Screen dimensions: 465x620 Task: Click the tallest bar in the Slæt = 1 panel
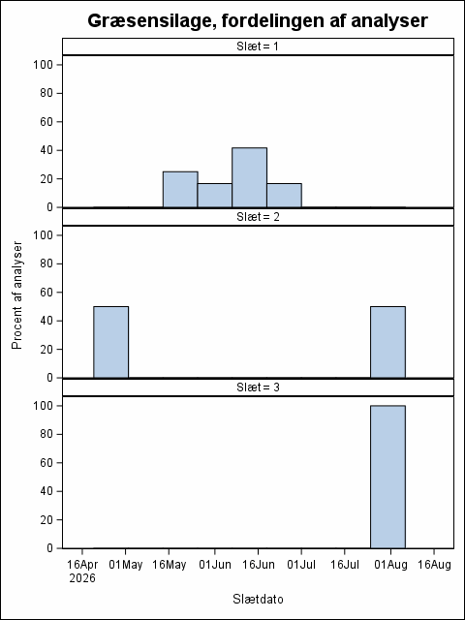pos(250,177)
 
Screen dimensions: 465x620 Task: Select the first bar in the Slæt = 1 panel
pos(180,190)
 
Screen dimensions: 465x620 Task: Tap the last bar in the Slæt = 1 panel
pos(284,196)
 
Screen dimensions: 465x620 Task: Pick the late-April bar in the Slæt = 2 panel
pos(111,342)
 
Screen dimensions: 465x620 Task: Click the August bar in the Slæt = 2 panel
pos(387,342)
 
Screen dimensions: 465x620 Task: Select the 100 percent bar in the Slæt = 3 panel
pos(387,477)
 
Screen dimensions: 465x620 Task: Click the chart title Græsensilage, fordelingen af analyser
pos(258,20)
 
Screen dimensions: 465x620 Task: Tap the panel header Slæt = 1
pos(258,46)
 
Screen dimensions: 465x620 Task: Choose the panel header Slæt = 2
pos(258,217)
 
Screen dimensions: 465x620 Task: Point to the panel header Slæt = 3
pos(258,387)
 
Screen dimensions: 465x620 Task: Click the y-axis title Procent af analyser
pos(16,295)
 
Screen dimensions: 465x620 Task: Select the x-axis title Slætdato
pos(258,599)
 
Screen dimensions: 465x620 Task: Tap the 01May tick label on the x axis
pos(126,565)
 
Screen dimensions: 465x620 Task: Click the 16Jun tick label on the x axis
pos(258,565)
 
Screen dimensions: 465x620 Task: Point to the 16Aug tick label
pos(434,565)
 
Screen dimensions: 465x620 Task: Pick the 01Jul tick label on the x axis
pos(301,565)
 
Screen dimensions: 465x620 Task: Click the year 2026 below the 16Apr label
pos(82,578)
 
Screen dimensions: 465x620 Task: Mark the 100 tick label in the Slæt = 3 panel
pos(43,406)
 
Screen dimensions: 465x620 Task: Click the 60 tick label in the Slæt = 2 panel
pos(46,293)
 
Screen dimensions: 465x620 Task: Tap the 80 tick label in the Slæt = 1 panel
pos(46,93)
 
